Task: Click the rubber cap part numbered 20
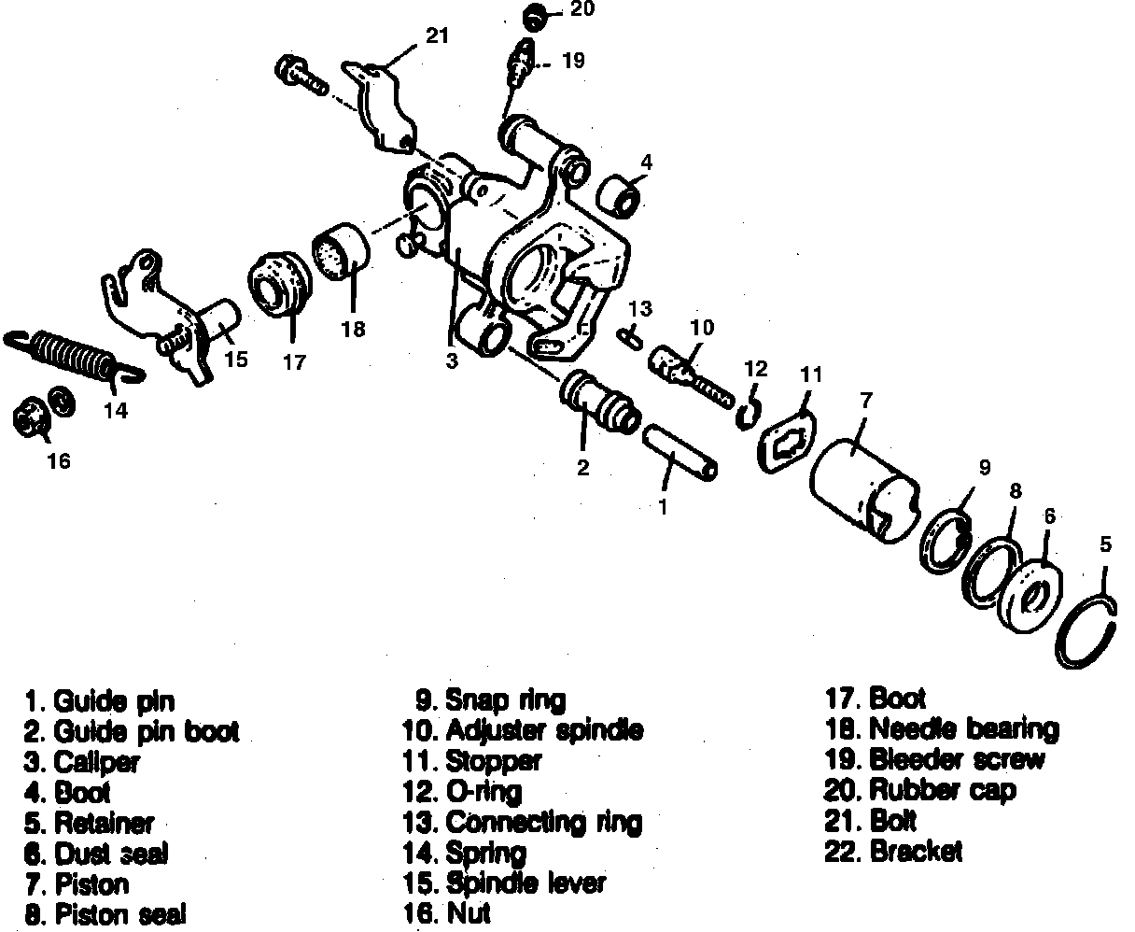click(x=535, y=16)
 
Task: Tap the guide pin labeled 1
click(x=679, y=452)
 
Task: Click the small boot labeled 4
click(x=619, y=194)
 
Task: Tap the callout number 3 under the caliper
click(x=452, y=360)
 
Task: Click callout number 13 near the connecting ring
click(x=639, y=309)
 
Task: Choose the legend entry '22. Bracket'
click(x=893, y=852)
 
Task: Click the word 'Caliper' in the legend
click(x=96, y=761)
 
